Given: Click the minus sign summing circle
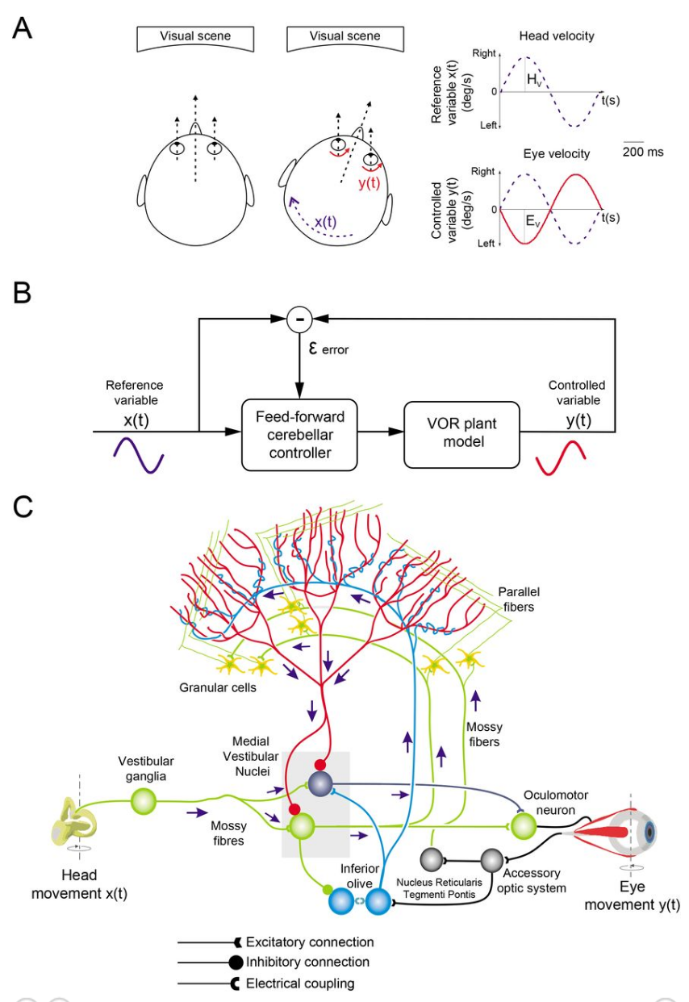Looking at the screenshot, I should point(300,320).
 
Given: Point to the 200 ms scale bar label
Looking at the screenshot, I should point(643,151).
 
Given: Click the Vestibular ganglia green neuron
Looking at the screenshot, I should point(145,803).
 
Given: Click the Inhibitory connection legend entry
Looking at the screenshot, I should point(307,962).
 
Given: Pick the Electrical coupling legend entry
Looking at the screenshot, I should point(299,983).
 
